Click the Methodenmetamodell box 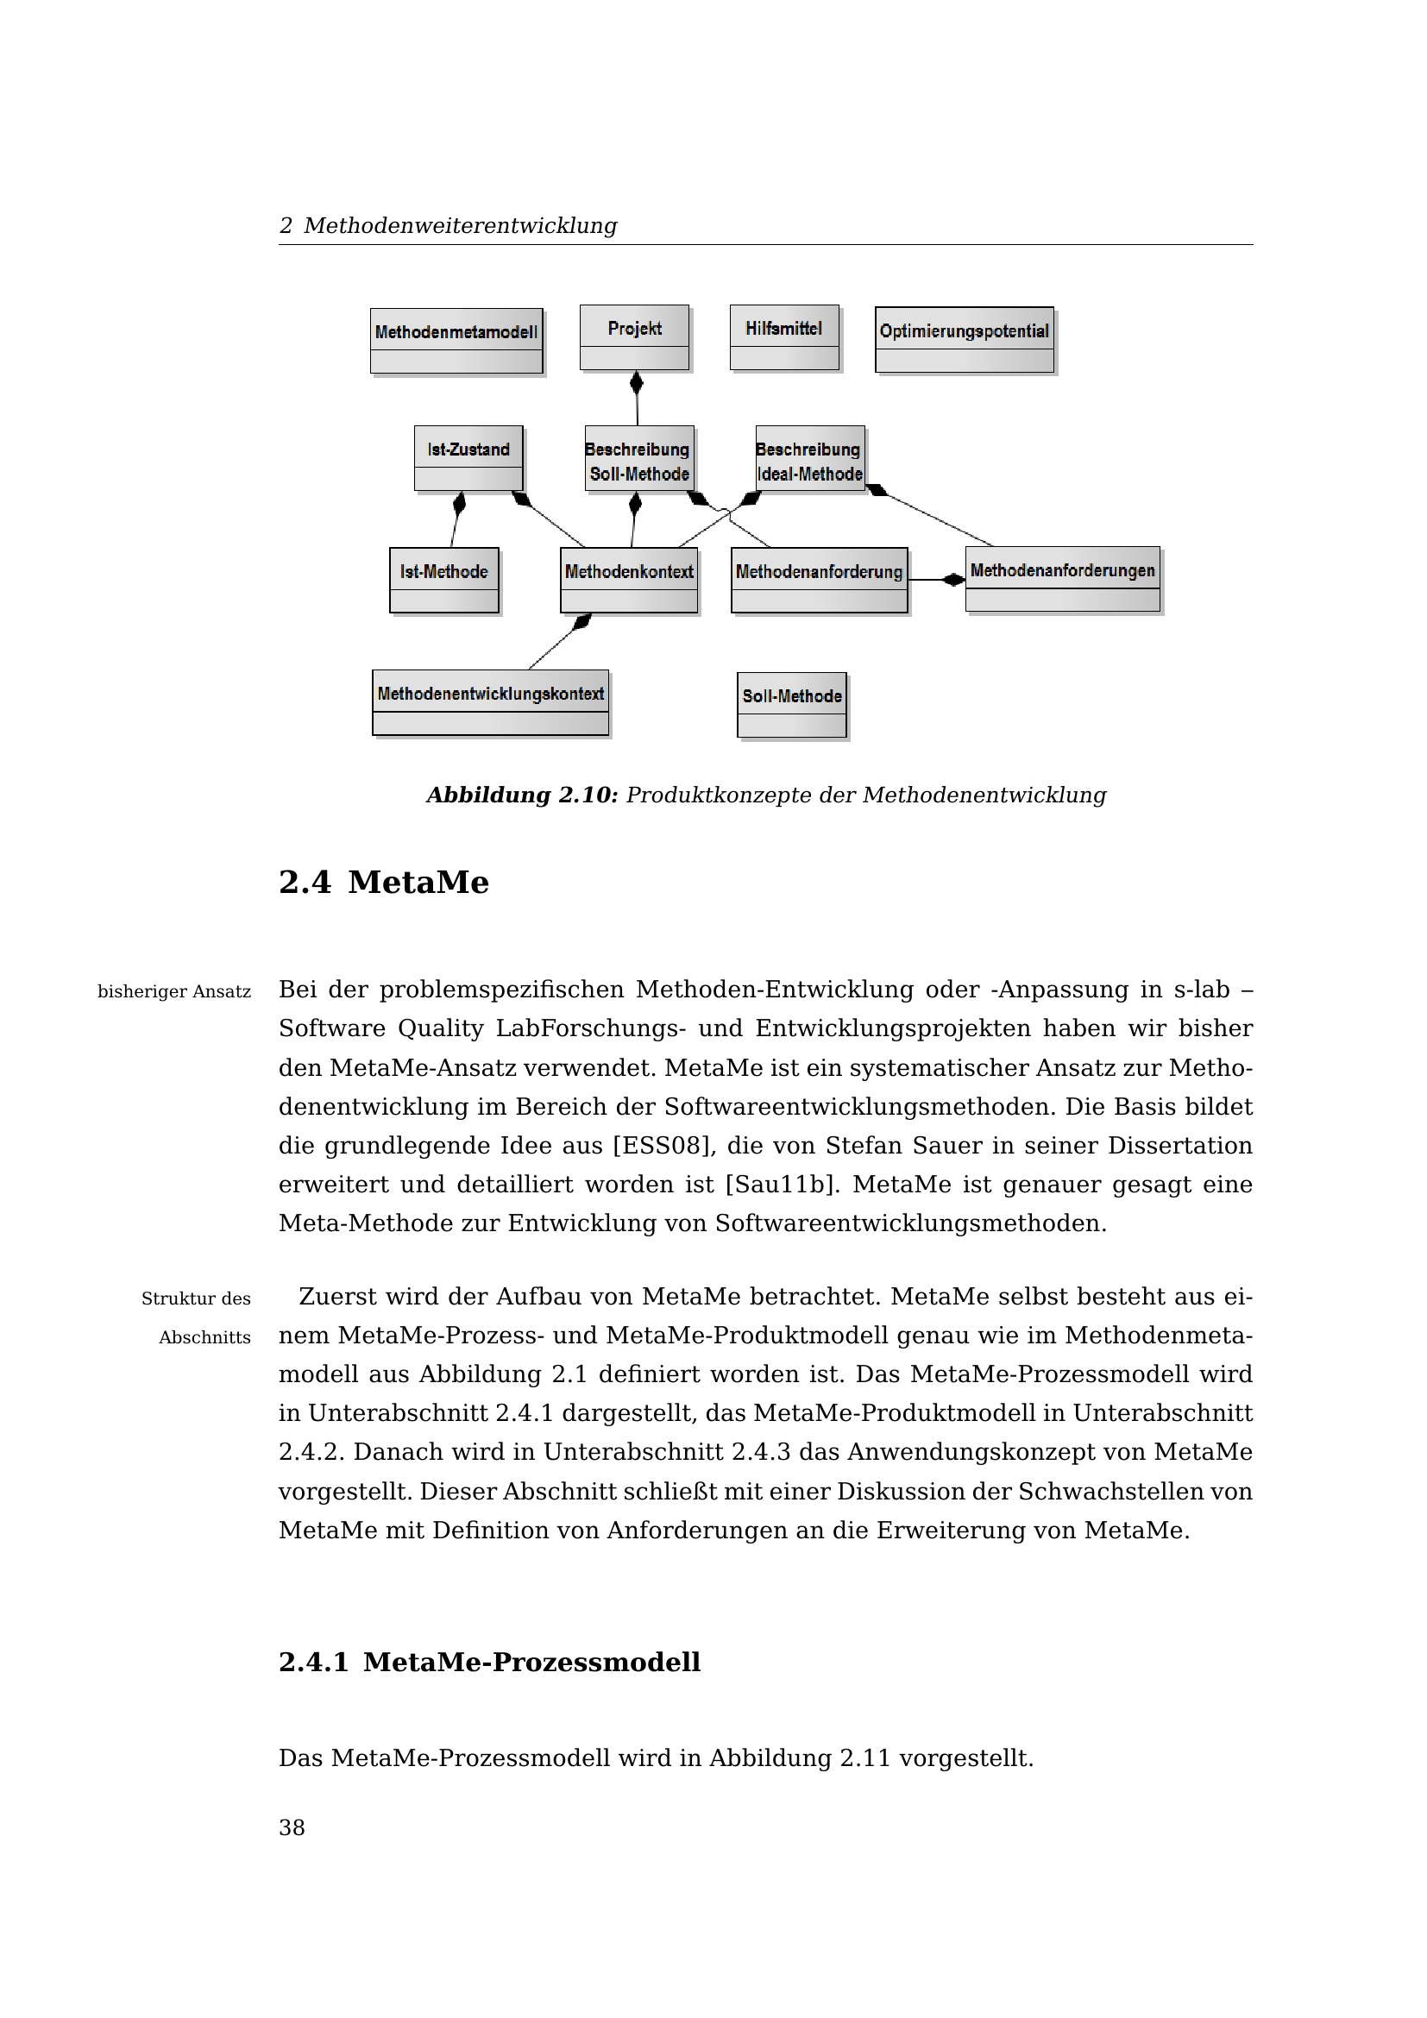tap(456, 340)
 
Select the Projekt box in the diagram tap(634, 337)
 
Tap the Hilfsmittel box tap(783, 337)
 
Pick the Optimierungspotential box tap(964, 339)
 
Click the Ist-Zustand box tap(468, 458)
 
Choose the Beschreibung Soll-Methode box tap(638, 459)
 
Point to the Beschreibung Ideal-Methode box tap(809, 459)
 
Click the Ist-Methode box tap(443, 580)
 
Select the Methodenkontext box tap(629, 580)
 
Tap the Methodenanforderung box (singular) tap(819, 580)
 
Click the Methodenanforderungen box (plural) tap(1062, 578)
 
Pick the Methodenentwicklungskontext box tap(490, 702)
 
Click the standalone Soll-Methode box tap(792, 705)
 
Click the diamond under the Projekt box tap(637, 383)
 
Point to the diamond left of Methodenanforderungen tap(953, 579)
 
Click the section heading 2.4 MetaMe tap(383, 883)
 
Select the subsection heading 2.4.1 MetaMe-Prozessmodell tap(488, 1662)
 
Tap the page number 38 tap(292, 1828)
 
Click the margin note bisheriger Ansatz tap(174, 992)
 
